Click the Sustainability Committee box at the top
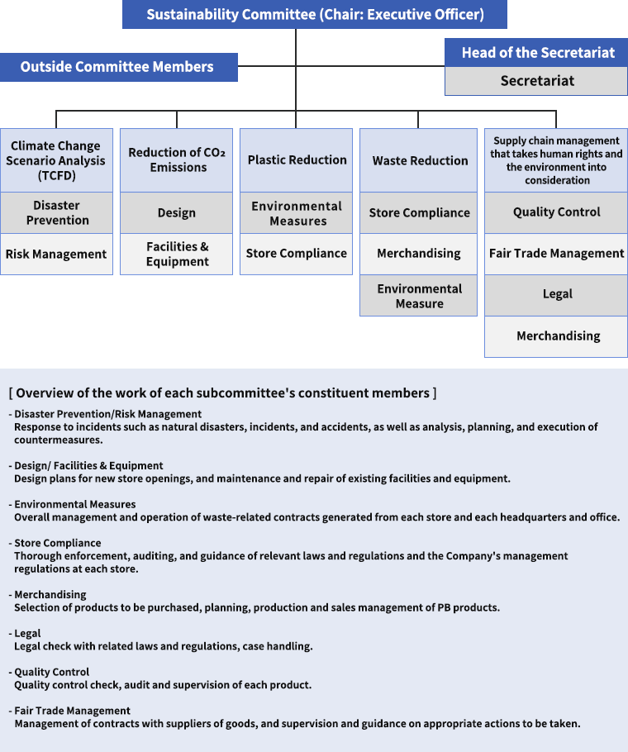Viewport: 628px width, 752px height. (x=315, y=14)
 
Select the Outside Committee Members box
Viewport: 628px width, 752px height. (x=118, y=67)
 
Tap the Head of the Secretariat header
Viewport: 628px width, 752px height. (x=536, y=53)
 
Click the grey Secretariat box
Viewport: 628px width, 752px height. (x=536, y=81)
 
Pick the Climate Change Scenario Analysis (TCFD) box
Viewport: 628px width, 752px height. (x=56, y=160)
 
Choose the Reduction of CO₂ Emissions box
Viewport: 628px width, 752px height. (x=176, y=160)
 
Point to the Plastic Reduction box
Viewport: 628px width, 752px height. (x=297, y=160)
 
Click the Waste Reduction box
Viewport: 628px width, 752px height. (x=418, y=160)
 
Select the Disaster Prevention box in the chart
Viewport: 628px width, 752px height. (x=56, y=213)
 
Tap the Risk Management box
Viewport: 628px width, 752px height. (x=56, y=255)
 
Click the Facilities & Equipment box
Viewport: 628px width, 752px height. (x=176, y=255)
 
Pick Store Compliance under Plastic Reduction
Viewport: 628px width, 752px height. (x=297, y=255)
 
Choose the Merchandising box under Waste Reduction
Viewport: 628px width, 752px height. (x=418, y=255)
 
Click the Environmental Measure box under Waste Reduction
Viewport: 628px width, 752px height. (x=418, y=296)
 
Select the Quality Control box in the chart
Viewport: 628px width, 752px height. (x=556, y=213)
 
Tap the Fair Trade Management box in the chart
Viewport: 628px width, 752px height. (x=556, y=255)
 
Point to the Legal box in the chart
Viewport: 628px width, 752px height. (x=556, y=296)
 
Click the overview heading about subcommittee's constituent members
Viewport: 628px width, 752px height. (x=223, y=393)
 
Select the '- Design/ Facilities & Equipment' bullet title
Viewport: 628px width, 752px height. (x=86, y=466)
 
